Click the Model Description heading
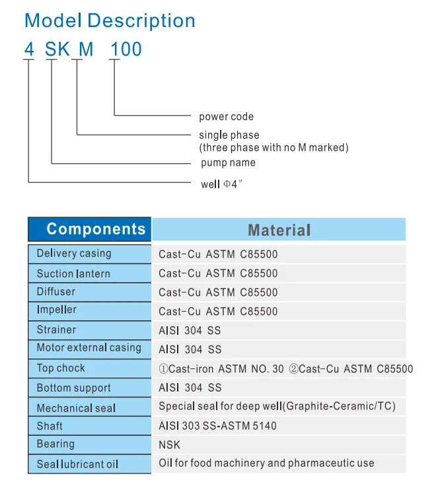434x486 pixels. (110, 20)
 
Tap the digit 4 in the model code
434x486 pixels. (28, 50)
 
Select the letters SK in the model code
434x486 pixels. (57, 50)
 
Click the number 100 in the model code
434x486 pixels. (126, 50)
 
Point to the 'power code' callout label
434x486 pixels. (226, 117)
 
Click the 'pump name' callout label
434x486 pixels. (228, 162)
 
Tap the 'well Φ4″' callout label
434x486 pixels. (222, 184)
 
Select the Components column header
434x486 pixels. (96, 229)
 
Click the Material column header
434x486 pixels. (279, 230)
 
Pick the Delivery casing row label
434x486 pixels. (74, 254)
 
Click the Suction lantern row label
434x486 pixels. (73, 273)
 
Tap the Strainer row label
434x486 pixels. (56, 330)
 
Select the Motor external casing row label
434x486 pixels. (89, 348)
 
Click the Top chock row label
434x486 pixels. (61, 368)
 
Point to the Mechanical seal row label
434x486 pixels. (76, 408)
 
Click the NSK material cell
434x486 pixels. (169, 445)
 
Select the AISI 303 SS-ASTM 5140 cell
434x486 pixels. (217, 426)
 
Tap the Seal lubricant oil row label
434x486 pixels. (77, 464)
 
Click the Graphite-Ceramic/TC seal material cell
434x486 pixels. (277, 407)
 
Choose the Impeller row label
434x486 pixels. (56, 310)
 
